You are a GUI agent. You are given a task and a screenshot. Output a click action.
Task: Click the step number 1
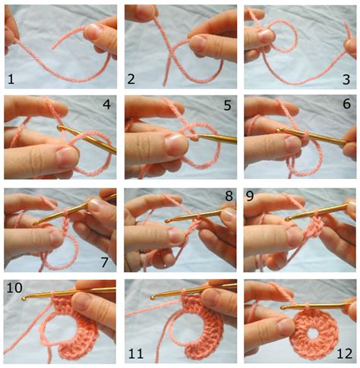(x=11, y=79)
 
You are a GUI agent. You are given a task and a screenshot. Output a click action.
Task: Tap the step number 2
(x=131, y=79)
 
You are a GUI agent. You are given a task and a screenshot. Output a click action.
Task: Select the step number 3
(x=346, y=79)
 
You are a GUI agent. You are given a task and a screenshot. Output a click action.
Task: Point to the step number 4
(x=106, y=105)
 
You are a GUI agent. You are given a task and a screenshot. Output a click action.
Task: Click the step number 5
(x=227, y=105)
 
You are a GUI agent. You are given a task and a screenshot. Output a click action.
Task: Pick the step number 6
(x=346, y=104)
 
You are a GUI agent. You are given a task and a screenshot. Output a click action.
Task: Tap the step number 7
(x=105, y=263)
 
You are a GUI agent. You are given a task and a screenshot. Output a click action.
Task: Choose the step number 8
(x=229, y=196)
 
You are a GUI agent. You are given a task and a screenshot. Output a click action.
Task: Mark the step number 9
(x=250, y=196)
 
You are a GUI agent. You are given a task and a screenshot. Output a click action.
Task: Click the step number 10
(x=14, y=288)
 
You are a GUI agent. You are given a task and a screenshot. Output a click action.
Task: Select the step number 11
(x=136, y=354)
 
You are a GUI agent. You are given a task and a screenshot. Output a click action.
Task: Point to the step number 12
(x=345, y=354)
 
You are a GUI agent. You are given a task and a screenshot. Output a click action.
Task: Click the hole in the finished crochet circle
(x=313, y=334)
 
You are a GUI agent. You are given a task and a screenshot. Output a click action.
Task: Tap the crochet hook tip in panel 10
(x=24, y=299)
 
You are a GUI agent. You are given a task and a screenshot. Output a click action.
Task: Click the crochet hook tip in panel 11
(x=153, y=297)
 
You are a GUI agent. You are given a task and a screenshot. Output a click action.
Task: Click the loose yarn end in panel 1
(x=52, y=48)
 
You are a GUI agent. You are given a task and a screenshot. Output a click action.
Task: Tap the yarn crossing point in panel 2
(x=171, y=53)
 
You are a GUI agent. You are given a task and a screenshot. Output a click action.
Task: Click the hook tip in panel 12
(x=283, y=307)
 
